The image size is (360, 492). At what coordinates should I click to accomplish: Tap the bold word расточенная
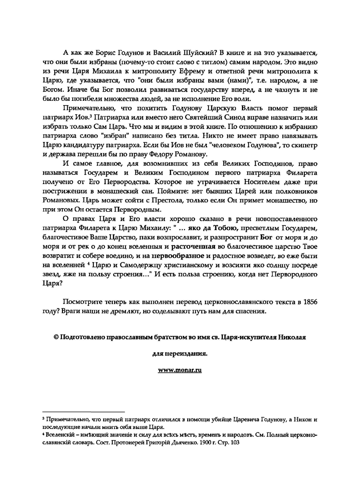click(193, 247)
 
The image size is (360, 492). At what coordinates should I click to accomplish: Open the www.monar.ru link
click(180, 370)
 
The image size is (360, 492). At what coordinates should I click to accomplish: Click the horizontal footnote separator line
click(84, 411)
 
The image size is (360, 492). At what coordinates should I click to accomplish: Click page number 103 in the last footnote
click(234, 443)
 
